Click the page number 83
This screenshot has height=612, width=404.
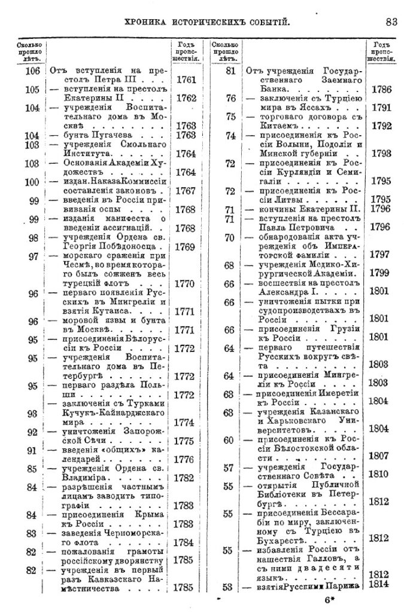click(x=391, y=22)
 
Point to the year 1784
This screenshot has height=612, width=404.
click(x=185, y=543)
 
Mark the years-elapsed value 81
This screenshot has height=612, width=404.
click(x=229, y=71)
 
